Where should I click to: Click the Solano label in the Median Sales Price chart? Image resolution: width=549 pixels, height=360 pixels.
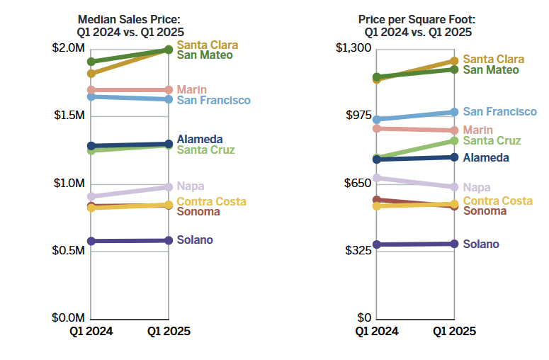point(195,240)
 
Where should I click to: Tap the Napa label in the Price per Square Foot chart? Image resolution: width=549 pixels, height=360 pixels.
point(477,187)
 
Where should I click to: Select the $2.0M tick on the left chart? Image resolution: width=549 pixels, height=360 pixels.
point(70,47)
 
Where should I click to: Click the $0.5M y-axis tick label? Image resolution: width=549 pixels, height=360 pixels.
point(70,251)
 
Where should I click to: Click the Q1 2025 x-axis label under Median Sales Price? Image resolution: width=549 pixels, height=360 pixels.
point(169,331)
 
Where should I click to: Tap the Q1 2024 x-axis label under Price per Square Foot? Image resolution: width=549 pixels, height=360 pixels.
point(377,331)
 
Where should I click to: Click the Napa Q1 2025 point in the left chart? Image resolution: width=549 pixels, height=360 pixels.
point(169,187)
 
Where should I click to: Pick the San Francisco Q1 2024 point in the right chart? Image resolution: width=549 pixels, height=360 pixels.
point(377,120)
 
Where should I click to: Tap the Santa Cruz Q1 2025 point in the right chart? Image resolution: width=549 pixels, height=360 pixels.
point(454,141)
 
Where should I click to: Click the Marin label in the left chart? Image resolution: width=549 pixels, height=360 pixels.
point(191,89)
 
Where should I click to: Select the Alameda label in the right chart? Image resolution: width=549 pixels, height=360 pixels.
point(486,157)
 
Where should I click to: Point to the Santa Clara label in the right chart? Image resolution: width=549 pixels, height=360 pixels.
point(494,60)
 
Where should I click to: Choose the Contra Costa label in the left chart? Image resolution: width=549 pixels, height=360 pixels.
point(212,201)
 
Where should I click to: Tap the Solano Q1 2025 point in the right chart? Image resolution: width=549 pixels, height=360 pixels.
point(454,244)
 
